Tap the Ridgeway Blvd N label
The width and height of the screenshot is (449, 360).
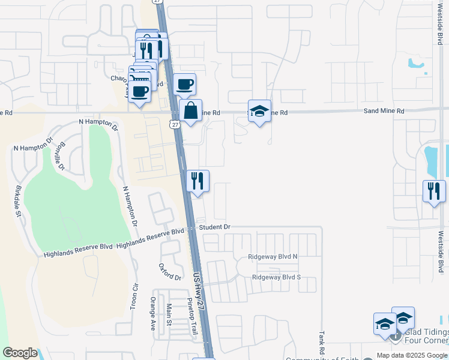point(273,257)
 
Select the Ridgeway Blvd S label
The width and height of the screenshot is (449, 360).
point(276,277)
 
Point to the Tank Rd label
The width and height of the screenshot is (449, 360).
point(322,343)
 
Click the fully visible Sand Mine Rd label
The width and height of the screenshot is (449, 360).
point(384,111)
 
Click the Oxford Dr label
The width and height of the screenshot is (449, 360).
point(170,272)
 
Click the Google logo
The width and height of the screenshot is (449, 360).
point(20,353)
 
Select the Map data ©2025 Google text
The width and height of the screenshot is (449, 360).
point(412,355)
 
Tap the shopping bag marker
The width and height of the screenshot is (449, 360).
point(190,111)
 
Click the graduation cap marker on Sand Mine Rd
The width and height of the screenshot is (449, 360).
point(259,111)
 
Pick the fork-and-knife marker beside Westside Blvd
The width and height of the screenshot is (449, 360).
point(434,191)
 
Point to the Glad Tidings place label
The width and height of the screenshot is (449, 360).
point(427,332)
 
